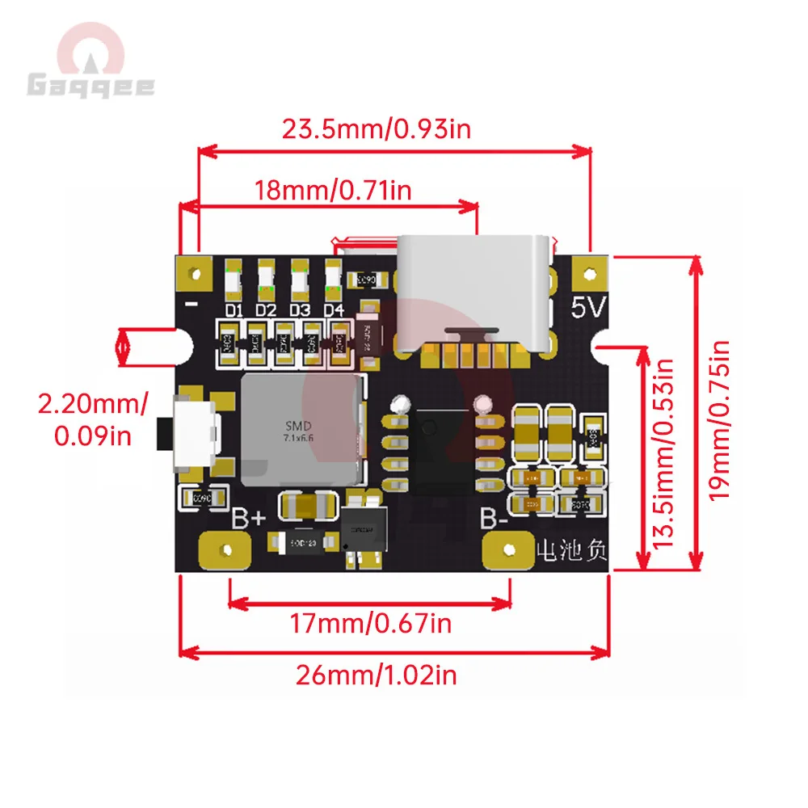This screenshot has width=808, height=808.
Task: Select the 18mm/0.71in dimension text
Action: (333, 191)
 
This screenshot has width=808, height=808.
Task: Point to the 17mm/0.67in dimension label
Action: (371, 623)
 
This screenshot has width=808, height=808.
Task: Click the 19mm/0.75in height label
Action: (718, 419)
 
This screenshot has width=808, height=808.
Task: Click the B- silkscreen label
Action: (494, 518)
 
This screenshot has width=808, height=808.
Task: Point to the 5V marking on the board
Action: (589, 308)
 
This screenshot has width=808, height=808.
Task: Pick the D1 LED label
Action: (234, 310)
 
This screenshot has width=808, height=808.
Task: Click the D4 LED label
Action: (334, 310)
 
